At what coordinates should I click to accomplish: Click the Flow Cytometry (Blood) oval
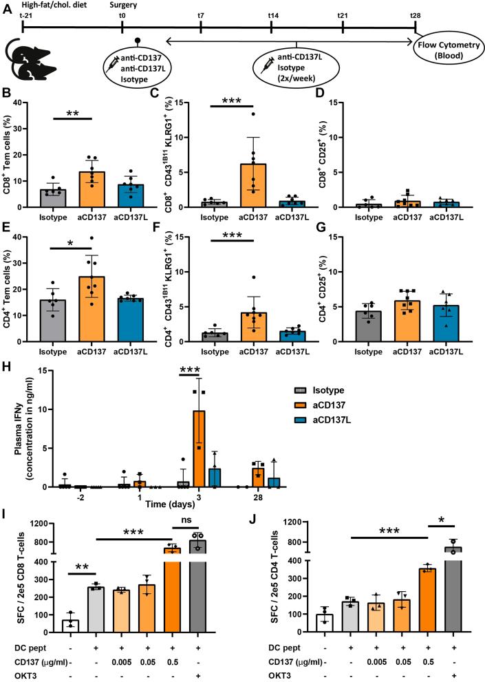click(x=446, y=67)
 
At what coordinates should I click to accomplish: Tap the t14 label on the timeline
click(x=272, y=14)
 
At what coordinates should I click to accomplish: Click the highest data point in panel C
click(x=254, y=114)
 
